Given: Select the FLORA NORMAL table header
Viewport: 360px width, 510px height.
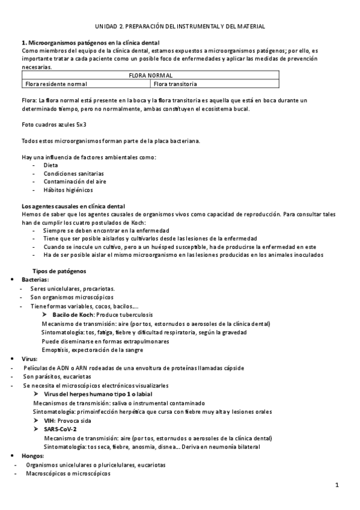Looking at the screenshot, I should pos(151,75).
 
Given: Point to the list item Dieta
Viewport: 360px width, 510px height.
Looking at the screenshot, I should pos(50,165).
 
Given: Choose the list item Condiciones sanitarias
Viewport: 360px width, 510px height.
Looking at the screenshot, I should pos(69,173).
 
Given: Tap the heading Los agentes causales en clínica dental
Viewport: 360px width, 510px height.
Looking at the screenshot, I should pos(73,206).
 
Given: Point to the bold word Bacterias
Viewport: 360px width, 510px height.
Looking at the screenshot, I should pos(35,280).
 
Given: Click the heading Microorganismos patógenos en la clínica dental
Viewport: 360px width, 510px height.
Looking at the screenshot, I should pos(90,43).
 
